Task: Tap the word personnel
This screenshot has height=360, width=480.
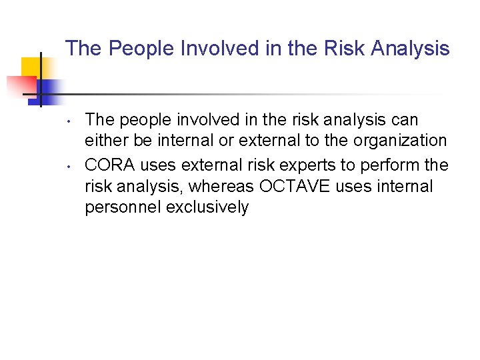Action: coord(123,207)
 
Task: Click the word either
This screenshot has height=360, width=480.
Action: coord(102,141)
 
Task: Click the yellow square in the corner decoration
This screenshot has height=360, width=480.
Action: coord(30,67)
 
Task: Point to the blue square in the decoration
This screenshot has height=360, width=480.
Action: coord(50,89)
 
